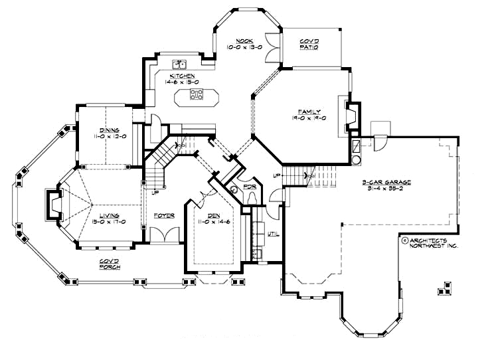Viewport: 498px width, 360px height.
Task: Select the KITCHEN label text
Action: (x=182, y=76)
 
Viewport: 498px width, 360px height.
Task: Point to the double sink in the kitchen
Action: (x=179, y=64)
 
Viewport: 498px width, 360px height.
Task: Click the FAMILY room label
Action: (x=309, y=111)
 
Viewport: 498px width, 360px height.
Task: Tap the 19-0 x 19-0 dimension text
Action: (x=309, y=118)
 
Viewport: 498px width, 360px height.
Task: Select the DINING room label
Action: (x=110, y=130)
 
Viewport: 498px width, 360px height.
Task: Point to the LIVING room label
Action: (x=110, y=216)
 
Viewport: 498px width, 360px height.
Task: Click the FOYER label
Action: (x=164, y=216)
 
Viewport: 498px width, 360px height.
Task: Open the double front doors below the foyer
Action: (x=163, y=236)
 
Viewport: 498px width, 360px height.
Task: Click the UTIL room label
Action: (x=272, y=234)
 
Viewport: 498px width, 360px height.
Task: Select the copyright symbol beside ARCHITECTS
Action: (x=405, y=240)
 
